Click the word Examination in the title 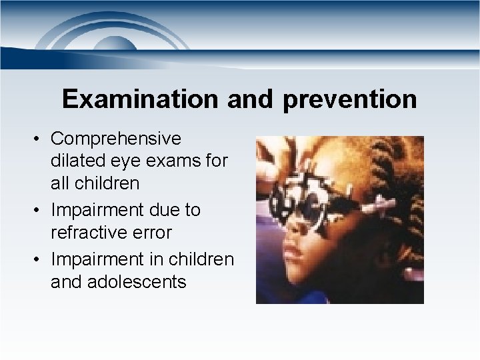pyautogui.click(x=139, y=99)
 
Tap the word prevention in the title pyautogui.click(x=350, y=100)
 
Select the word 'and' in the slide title pyautogui.click(x=251, y=99)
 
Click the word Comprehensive pyautogui.click(x=115, y=139)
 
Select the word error pyautogui.click(x=153, y=233)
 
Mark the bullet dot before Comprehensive pyautogui.click(x=39, y=139)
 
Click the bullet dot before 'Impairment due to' pyautogui.click(x=39, y=210)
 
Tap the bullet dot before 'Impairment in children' pyautogui.click(x=39, y=258)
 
